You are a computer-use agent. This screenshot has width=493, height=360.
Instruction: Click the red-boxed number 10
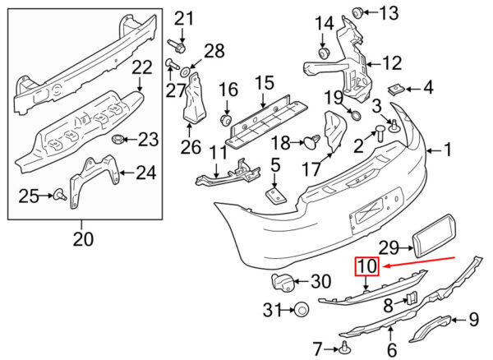click(367, 266)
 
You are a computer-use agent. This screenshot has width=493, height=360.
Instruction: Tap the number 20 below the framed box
click(83, 239)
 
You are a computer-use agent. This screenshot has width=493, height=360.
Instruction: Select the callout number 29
click(389, 248)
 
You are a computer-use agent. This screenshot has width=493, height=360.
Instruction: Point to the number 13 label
click(389, 13)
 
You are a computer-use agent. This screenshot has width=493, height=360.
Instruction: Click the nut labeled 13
click(357, 13)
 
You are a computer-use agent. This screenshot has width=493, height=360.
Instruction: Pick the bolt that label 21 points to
click(177, 45)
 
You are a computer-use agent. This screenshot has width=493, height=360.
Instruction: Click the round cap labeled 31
click(302, 310)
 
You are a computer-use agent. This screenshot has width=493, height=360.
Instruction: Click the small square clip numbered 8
click(412, 298)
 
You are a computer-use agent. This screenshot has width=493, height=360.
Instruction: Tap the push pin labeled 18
click(312, 142)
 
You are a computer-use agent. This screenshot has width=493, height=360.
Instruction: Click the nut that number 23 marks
click(118, 138)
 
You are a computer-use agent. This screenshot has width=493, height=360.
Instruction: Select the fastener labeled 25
click(60, 194)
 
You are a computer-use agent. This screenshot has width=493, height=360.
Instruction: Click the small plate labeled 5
click(276, 195)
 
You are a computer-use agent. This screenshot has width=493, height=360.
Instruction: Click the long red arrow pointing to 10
click(419, 262)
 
